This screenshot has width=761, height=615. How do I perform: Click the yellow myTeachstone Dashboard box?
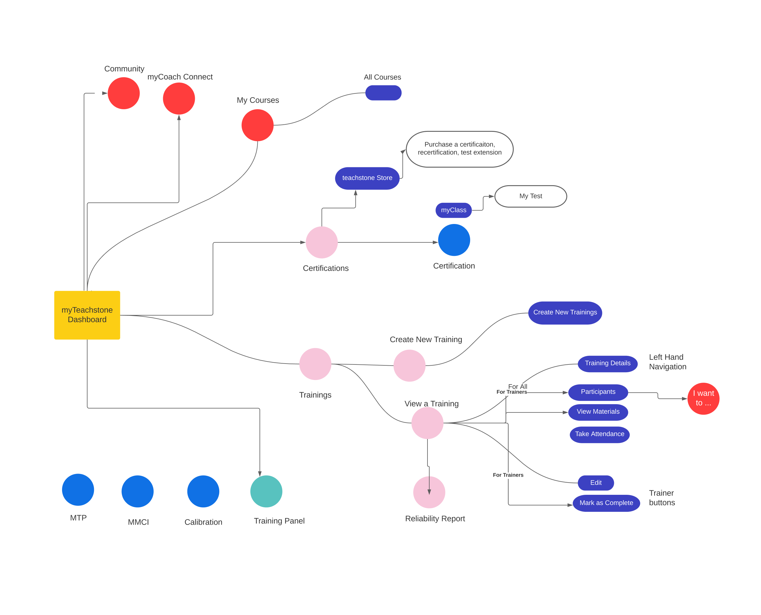(x=87, y=315)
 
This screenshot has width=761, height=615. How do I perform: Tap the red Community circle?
(x=124, y=93)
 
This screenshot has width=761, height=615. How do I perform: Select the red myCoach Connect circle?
(x=179, y=98)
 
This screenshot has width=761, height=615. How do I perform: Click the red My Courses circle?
(x=257, y=125)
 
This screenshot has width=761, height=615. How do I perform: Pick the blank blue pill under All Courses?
(x=383, y=93)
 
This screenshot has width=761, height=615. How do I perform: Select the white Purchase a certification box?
(x=459, y=149)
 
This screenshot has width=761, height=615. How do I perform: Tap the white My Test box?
(x=530, y=196)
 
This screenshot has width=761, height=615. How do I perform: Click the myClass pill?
(x=453, y=210)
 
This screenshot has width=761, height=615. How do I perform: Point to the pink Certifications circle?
(x=322, y=242)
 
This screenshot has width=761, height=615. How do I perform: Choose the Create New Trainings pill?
(x=565, y=313)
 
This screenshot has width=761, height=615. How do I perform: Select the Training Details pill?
(x=607, y=364)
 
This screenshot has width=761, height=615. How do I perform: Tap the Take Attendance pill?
(x=599, y=434)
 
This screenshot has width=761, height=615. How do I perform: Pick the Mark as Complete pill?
(x=606, y=503)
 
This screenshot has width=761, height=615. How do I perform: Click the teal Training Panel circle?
(x=266, y=491)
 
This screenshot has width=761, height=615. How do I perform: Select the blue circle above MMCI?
(x=138, y=491)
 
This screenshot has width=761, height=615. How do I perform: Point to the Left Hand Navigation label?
(x=667, y=362)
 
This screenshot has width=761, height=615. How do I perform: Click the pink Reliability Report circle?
(x=429, y=492)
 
